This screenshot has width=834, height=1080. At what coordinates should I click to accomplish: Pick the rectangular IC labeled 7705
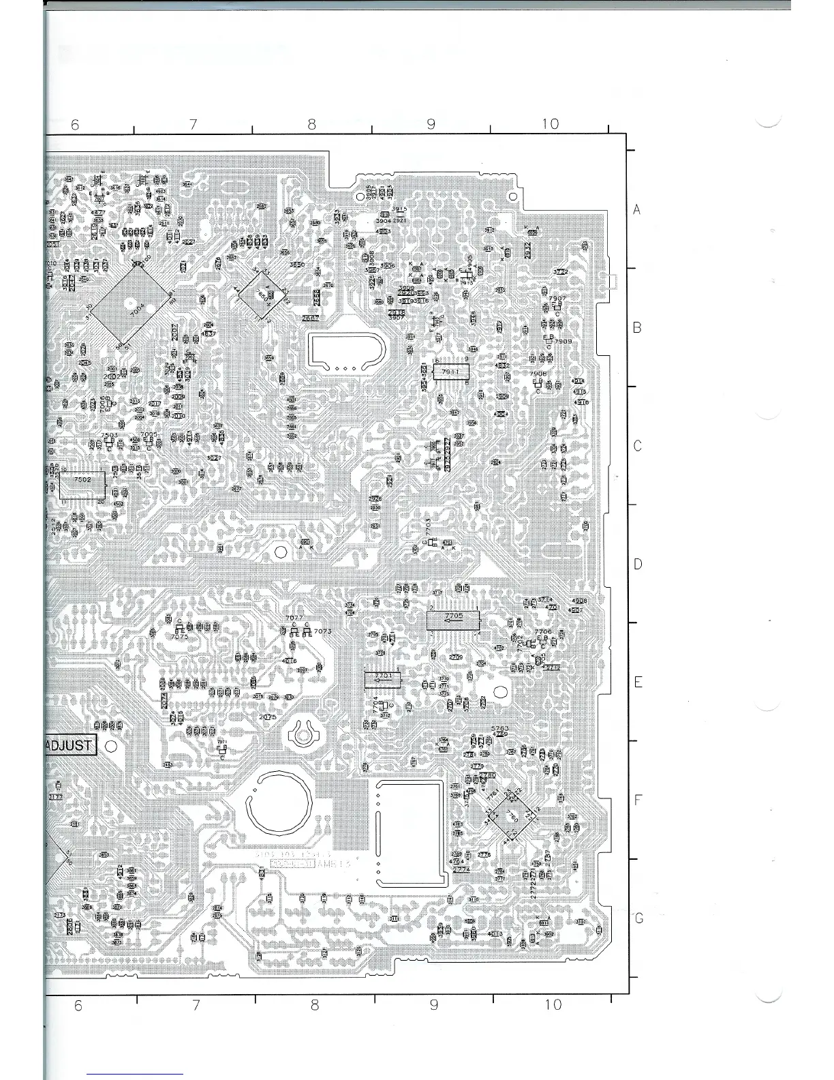tap(453, 619)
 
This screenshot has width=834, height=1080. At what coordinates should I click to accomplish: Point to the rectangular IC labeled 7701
tap(382, 678)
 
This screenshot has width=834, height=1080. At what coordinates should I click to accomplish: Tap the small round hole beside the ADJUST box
tap(112, 746)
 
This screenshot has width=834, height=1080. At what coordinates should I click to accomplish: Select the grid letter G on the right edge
tap(638, 918)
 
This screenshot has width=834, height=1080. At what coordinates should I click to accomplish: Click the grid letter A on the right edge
tap(637, 210)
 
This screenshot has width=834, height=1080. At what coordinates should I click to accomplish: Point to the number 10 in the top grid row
tap(550, 123)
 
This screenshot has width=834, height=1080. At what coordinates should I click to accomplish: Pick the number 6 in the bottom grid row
tap(78, 1005)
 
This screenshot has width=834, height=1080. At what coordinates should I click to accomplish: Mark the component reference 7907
tap(557, 299)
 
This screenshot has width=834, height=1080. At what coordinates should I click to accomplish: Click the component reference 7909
tap(563, 341)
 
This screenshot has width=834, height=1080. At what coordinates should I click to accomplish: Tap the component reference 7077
tap(294, 618)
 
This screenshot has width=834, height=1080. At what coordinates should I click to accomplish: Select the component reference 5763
tap(499, 728)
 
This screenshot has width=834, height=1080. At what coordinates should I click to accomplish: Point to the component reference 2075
tap(268, 717)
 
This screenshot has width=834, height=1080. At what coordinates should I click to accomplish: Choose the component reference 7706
tap(543, 631)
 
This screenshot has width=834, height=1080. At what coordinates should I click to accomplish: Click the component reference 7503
tap(109, 435)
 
